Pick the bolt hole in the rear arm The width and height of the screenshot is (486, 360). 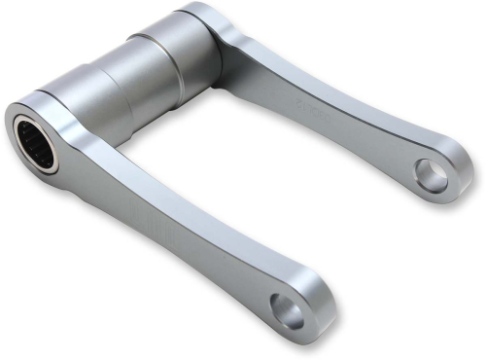[429, 174]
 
